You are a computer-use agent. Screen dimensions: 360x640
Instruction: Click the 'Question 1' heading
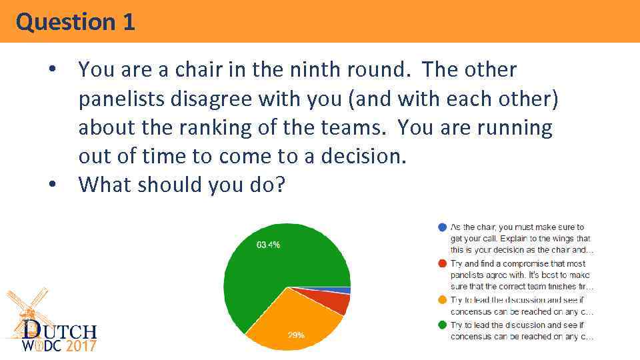[x=75, y=22]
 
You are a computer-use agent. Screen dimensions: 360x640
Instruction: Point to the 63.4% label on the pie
[x=268, y=245]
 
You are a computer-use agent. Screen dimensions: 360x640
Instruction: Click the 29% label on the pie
[x=296, y=335]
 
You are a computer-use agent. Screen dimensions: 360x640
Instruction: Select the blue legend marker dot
[x=441, y=227]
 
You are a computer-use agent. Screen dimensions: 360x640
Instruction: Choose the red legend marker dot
[x=441, y=263]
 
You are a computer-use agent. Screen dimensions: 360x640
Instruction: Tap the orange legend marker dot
[x=441, y=300]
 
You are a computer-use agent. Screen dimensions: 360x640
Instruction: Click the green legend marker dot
[x=441, y=325]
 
